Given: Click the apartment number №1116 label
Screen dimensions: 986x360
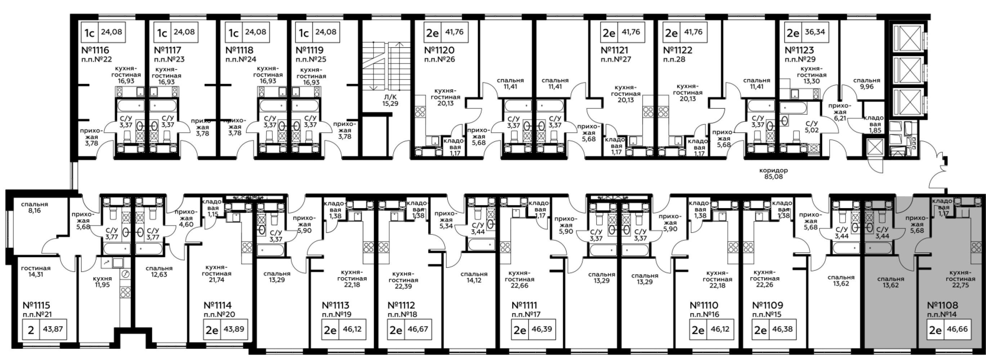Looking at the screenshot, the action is point(95,50).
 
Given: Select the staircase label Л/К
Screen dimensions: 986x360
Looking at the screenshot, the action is point(390,97).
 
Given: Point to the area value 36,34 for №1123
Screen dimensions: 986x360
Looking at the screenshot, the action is point(814,32).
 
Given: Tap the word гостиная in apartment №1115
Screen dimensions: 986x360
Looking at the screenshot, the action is point(36,268).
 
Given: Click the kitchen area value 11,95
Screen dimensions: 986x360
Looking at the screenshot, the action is point(102,285).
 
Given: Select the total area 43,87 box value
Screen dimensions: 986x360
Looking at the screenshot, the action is point(53,329).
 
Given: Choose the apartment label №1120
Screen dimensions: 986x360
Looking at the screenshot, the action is point(439,50).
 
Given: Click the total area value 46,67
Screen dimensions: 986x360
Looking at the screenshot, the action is point(418,329).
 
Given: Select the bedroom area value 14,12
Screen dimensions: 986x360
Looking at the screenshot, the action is point(474,280).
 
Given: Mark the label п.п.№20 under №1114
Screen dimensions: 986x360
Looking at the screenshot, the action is point(219,315).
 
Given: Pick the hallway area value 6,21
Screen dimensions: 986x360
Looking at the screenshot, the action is point(838,118).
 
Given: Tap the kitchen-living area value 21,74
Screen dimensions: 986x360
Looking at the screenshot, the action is point(216,280).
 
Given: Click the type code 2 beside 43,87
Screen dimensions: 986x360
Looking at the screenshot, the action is point(31,329).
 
